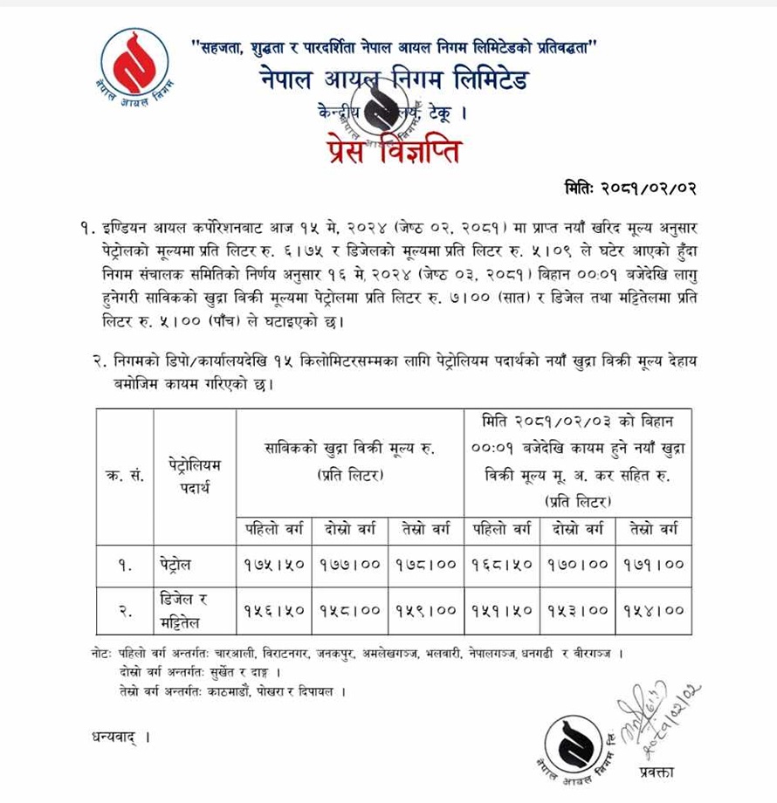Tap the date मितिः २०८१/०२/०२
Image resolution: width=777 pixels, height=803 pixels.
(630, 189)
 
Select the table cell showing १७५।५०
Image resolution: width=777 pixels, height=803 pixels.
(274, 565)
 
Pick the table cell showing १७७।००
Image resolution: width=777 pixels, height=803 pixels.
(349, 565)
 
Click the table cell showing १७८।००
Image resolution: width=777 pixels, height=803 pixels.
(425, 565)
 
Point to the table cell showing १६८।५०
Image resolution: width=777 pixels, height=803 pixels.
(503, 565)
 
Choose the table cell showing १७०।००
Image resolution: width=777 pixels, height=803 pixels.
(578, 565)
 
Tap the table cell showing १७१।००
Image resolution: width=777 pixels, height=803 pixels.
(654, 565)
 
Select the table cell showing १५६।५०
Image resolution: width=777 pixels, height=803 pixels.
(274, 611)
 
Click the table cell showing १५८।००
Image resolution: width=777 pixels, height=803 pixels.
(349, 611)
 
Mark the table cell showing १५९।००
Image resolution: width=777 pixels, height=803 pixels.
(425, 611)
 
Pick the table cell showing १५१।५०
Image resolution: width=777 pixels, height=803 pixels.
(503, 611)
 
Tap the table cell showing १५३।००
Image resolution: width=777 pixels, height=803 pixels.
(578, 611)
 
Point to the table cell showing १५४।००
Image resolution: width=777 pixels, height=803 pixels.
(654, 611)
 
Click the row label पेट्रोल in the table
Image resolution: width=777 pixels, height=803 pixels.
(179, 565)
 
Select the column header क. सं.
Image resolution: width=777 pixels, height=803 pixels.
(125, 476)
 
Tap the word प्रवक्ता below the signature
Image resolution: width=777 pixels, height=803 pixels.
(656, 770)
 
